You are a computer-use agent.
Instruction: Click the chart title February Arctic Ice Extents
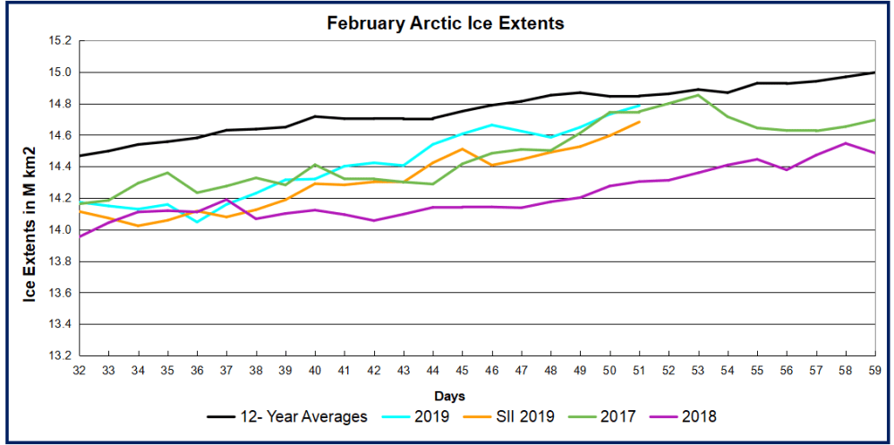445,23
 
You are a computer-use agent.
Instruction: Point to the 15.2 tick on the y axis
59,41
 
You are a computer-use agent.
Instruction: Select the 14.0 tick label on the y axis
59,230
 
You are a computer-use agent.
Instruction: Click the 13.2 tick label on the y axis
59,355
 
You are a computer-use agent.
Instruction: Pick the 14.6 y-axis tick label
59,135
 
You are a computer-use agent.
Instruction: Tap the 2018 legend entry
699,416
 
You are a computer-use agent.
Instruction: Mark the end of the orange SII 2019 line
639,122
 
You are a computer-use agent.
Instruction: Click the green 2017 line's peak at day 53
698,95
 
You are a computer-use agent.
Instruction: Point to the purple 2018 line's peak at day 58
845,143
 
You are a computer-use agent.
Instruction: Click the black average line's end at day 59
874,73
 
